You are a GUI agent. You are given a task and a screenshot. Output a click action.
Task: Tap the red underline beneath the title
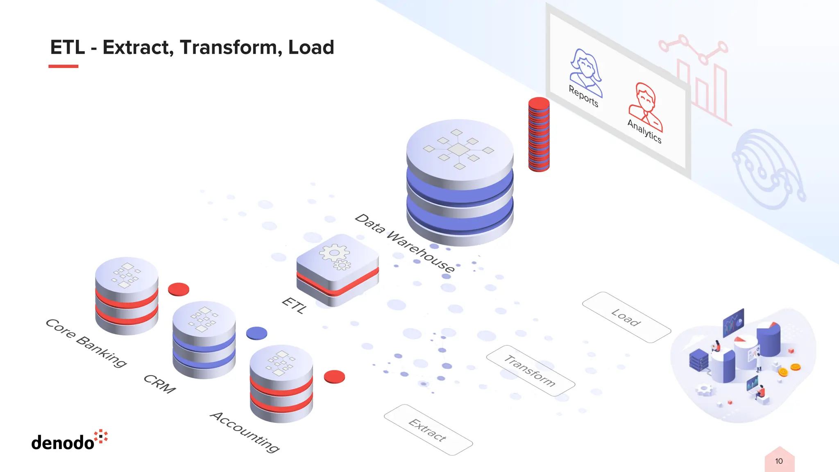pyautogui.click(x=63, y=66)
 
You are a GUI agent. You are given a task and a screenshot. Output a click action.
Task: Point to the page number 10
pyautogui.click(x=779, y=461)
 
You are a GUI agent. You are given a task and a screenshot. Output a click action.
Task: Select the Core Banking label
pyautogui.click(x=86, y=343)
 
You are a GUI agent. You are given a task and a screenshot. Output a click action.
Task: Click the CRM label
pyautogui.click(x=159, y=384)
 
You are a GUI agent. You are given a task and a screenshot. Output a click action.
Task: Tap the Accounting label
pyautogui.click(x=245, y=432)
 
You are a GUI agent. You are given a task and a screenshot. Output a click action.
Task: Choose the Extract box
pyautogui.click(x=428, y=430)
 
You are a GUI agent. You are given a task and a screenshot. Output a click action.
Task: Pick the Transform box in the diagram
pyautogui.click(x=531, y=371)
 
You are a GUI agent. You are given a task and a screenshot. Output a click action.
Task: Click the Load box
pyautogui.click(x=626, y=317)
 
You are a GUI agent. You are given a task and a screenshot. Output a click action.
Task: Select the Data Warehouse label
pyautogui.click(x=405, y=243)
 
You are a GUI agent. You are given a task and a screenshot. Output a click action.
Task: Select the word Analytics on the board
pyautogui.click(x=644, y=131)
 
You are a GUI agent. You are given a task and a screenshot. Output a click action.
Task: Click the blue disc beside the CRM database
pyautogui.click(x=256, y=334)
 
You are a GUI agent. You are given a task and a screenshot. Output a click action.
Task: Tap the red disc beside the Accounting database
pyautogui.click(x=334, y=377)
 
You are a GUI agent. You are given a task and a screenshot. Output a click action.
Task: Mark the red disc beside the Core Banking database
pyautogui.click(x=179, y=289)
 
